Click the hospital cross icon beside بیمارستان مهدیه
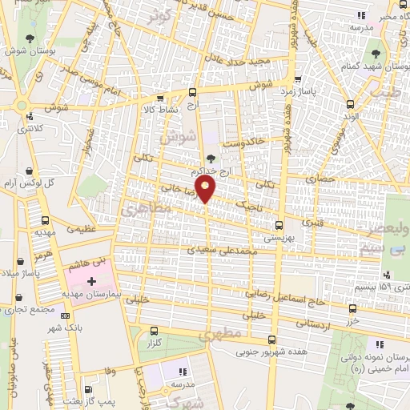(92, 282)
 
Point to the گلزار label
(154, 343)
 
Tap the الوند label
(350, 117)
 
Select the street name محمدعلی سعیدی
(220, 251)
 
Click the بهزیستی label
(279, 238)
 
